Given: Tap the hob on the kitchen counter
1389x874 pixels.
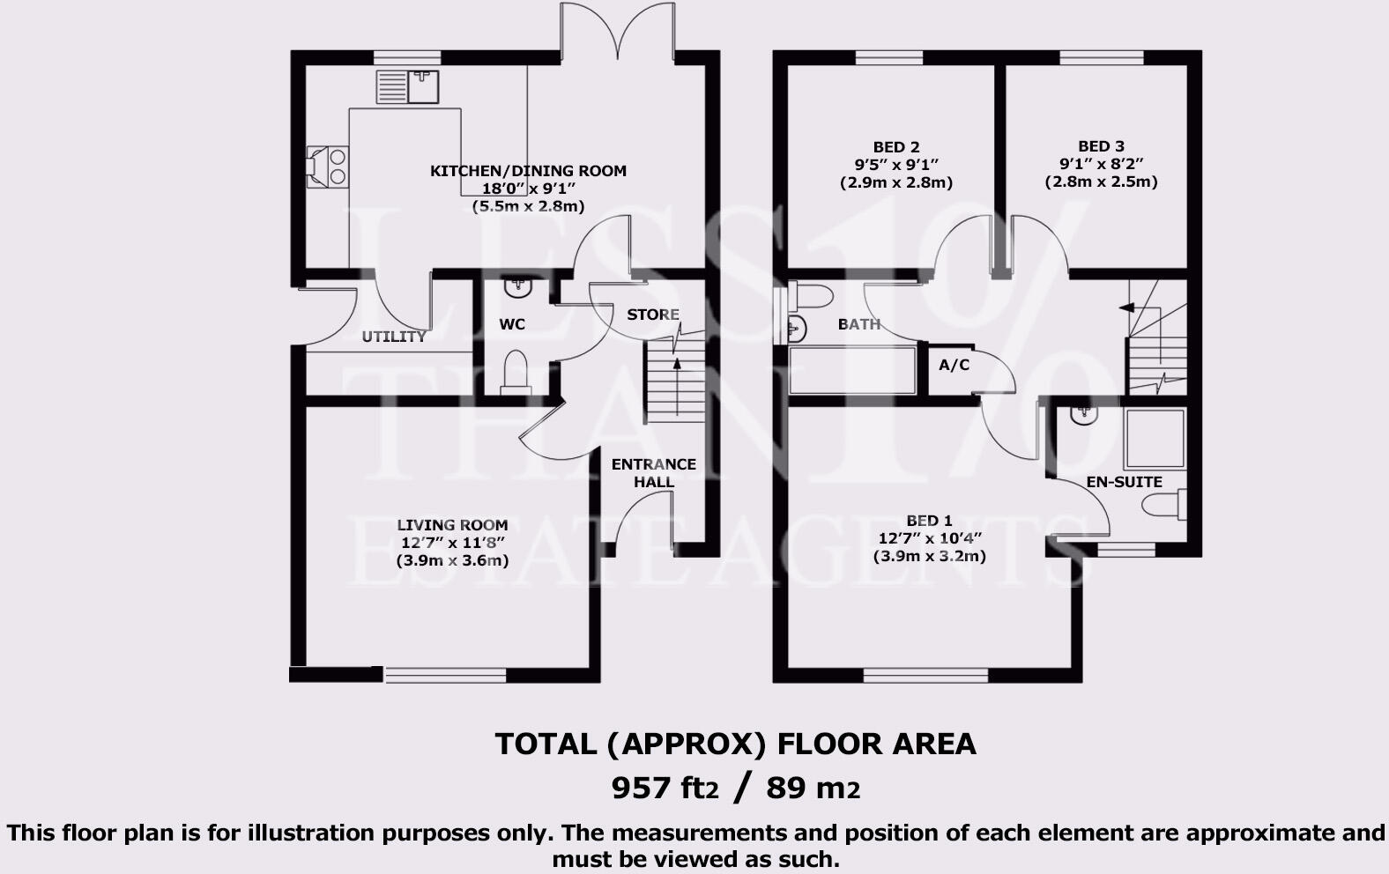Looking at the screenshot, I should (328, 167).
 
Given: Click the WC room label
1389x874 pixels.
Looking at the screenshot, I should (512, 324).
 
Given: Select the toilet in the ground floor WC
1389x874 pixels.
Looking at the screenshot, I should (514, 371).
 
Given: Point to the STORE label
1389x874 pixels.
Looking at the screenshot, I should (653, 315).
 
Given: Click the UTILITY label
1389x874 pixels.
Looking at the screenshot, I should (394, 337).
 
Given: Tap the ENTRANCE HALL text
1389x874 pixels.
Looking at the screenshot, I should (654, 473).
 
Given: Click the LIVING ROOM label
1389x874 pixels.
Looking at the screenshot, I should (452, 525).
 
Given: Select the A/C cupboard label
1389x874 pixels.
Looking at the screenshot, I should (954, 365).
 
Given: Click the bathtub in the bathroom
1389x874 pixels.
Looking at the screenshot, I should (852, 370).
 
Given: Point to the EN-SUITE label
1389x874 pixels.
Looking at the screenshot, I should (1125, 482).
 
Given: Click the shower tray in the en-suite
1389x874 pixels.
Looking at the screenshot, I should (1155, 438).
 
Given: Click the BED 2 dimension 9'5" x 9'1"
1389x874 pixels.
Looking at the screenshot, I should (896, 165).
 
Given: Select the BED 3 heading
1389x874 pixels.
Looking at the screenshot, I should (1101, 146).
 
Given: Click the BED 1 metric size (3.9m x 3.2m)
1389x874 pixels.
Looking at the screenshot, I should (929, 556).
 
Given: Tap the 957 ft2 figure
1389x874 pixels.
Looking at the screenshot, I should (665, 787).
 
